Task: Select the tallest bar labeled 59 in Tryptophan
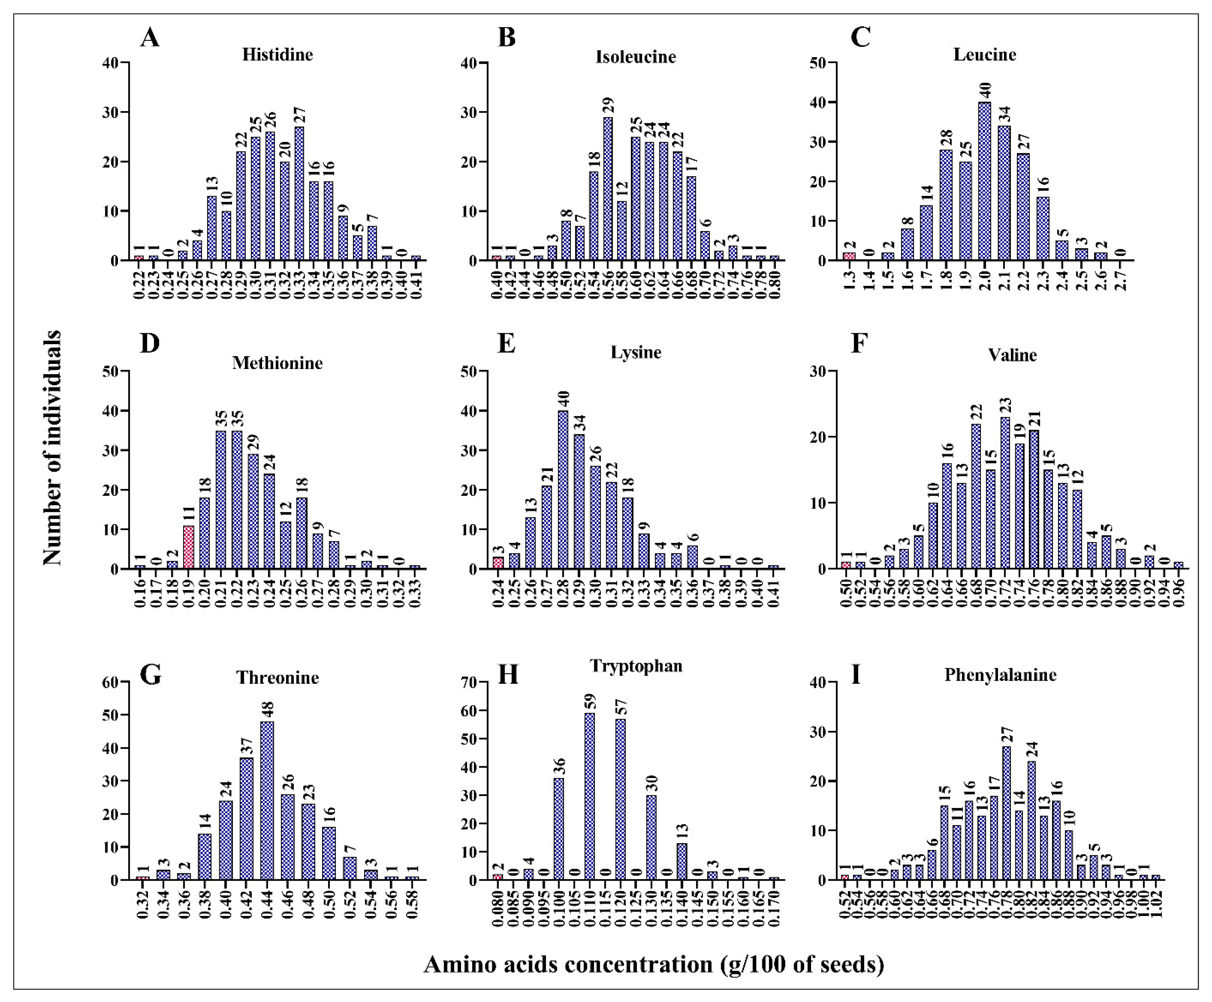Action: pos(590,797)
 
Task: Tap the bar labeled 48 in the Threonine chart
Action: pos(267,801)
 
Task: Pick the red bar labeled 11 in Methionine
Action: pos(188,547)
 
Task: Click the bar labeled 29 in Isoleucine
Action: pos(608,189)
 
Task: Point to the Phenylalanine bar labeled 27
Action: pos(1006,813)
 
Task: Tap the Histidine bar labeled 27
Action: pos(299,194)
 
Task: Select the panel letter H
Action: pos(508,674)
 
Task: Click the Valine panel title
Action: pos(1012,355)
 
